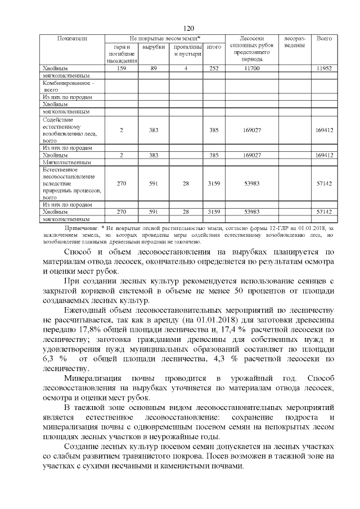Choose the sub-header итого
[213, 47]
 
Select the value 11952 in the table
[325, 68]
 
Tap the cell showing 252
[213, 68]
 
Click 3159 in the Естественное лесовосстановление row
[213, 183]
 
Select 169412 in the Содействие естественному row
[325, 130]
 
